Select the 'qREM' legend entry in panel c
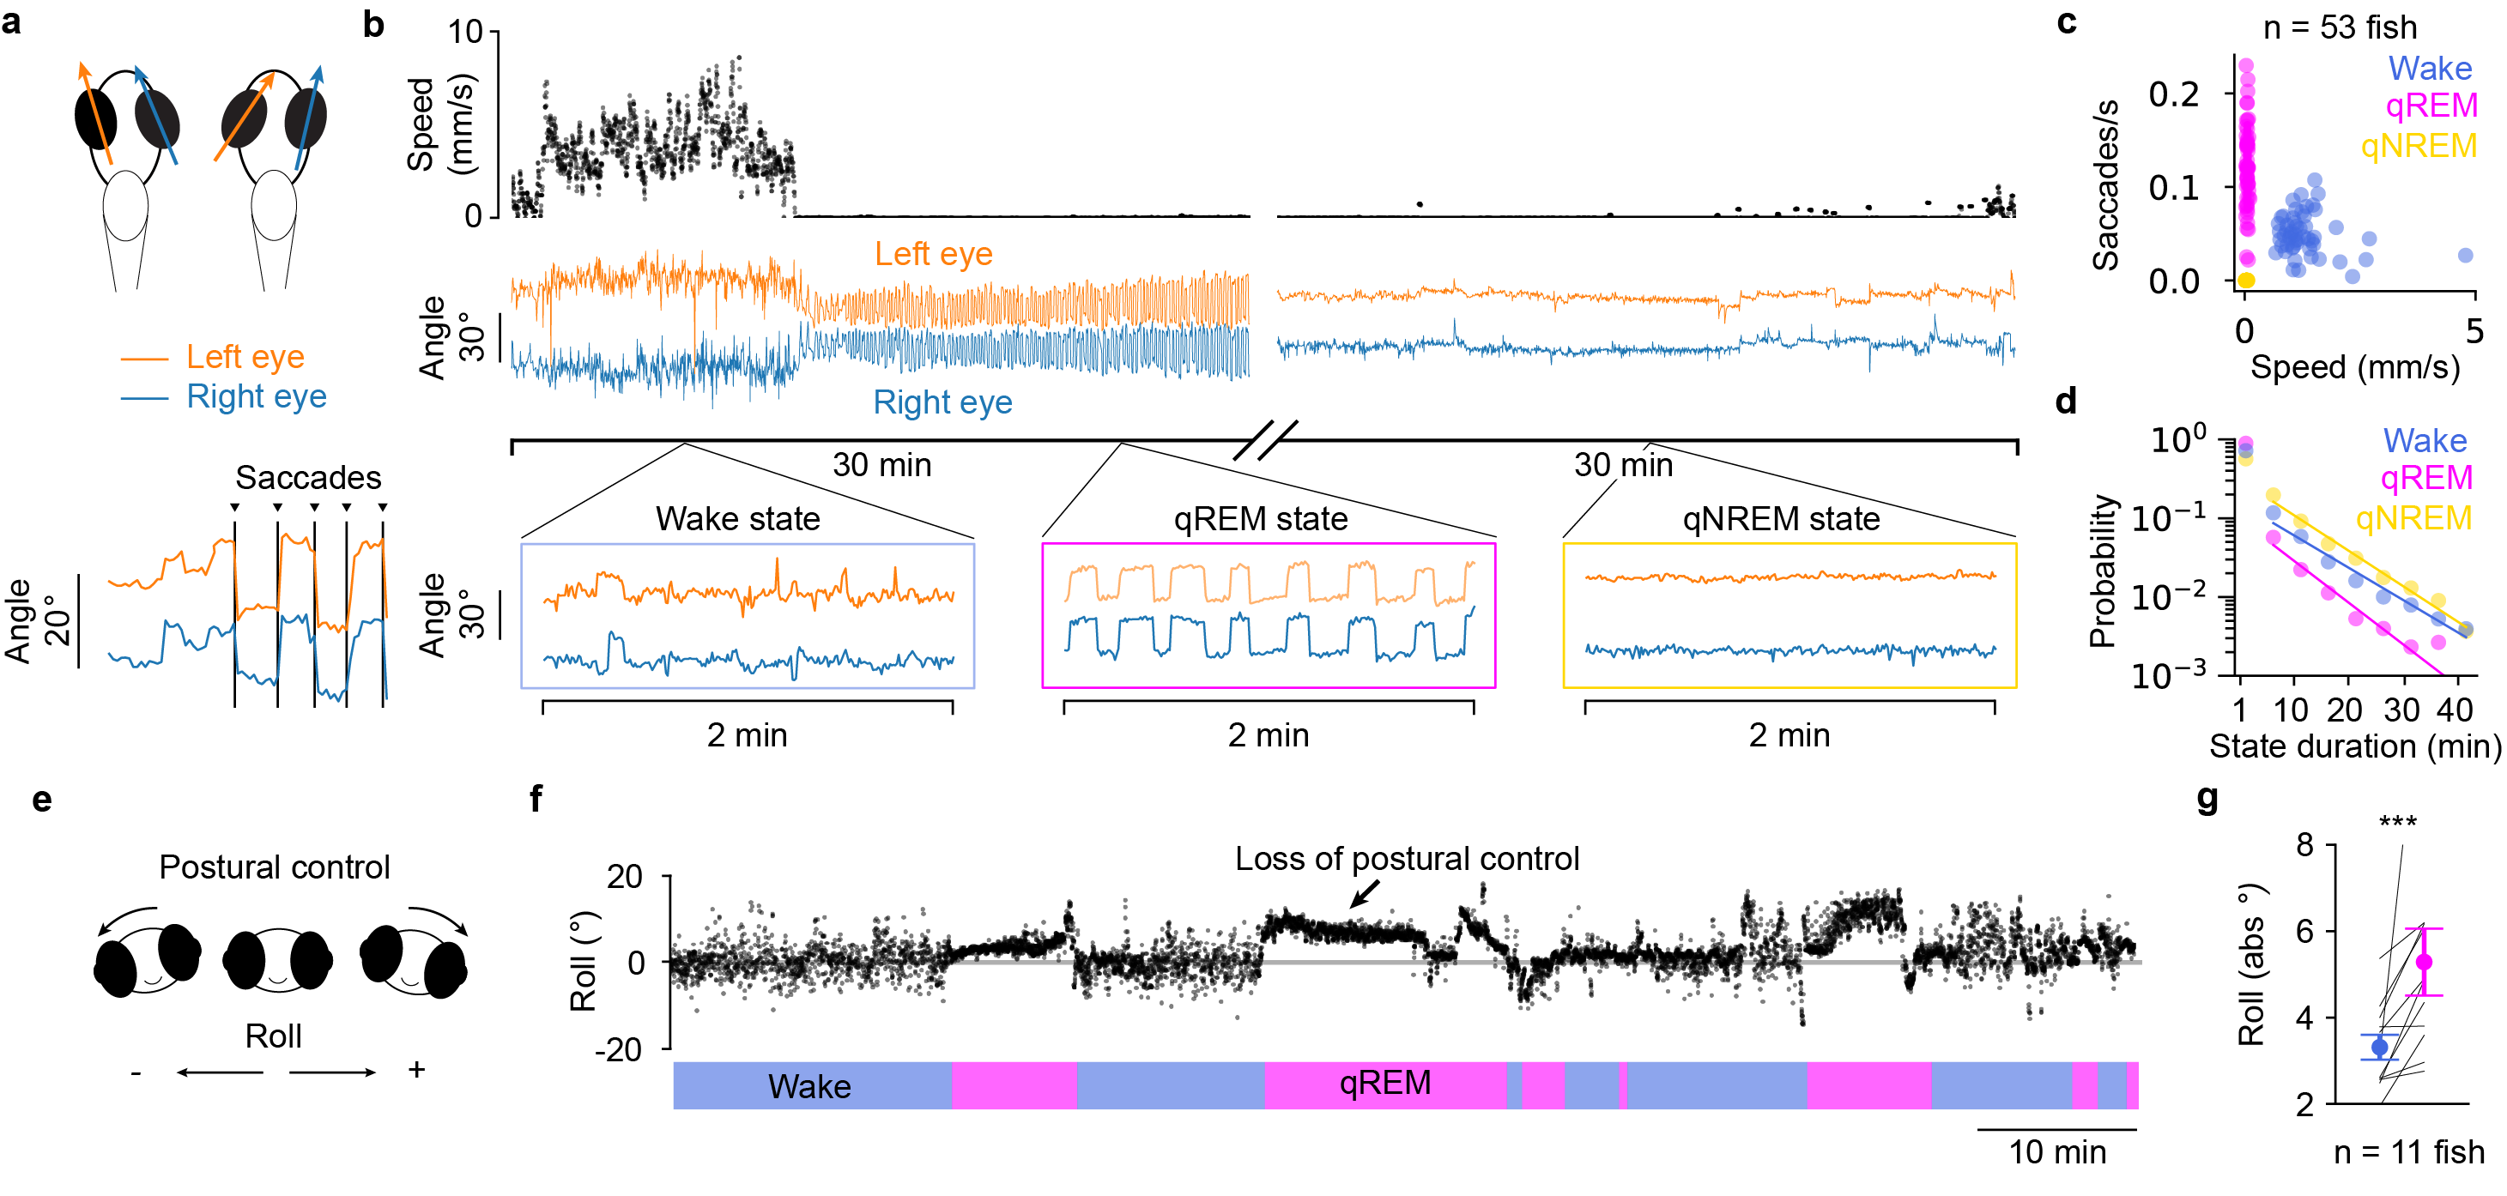tap(2430, 105)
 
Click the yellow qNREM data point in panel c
tap(2245, 281)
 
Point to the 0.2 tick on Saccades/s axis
tap(2173, 94)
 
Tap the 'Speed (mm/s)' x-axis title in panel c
tap(2354, 367)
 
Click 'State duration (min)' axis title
tap(2354, 746)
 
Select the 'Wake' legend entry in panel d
tap(2425, 441)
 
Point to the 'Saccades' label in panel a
tap(307, 478)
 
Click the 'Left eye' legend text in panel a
tap(245, 357)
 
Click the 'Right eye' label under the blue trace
tap(942, 402)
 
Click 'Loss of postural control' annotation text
tap(1407, 858)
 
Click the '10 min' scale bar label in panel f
tap(2056, 1152)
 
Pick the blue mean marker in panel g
tap(2379, 1047)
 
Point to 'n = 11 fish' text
tap(2408, 1152)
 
